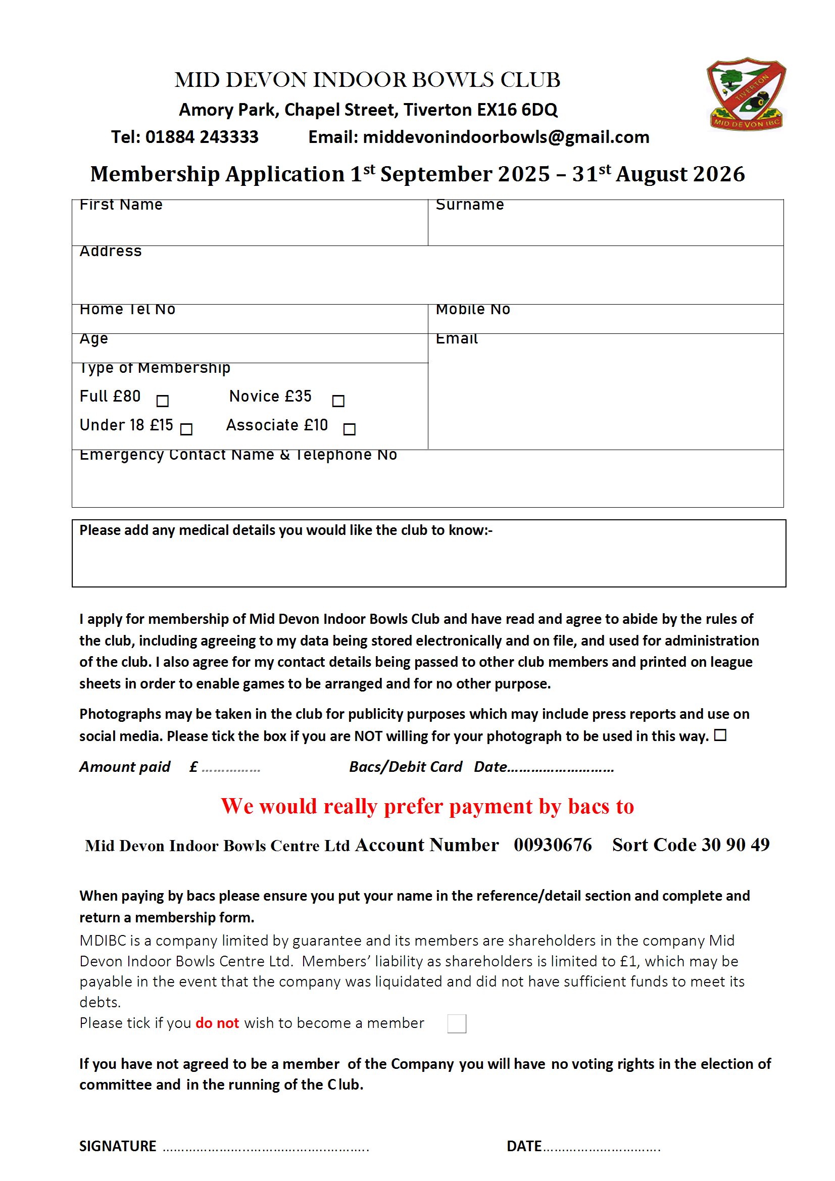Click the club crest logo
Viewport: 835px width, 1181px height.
point(746,93)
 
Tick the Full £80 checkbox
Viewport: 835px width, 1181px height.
point(163,401)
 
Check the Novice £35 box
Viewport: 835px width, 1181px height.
point(338,401)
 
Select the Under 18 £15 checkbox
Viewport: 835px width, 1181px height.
point(186,429)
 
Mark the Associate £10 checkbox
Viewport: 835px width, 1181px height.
point(350,429)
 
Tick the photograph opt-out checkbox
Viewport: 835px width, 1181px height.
point(720,735)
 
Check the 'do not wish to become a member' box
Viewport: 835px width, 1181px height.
point(456,1023)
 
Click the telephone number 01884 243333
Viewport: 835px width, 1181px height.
point(202,137)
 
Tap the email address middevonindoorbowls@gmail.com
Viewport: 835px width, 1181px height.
point(506,137)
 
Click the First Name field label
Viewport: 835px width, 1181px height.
point(121,205)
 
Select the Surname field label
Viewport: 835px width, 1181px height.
point(469,205)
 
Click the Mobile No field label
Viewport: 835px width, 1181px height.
point(473,309)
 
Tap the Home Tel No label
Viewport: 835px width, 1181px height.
point(128,309)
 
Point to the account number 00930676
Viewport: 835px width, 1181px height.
point(553,845)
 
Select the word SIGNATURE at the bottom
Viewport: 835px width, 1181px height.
point(118,1146)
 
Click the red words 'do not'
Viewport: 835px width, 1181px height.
point(217,1023)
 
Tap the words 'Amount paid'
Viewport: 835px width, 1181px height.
point(124,767)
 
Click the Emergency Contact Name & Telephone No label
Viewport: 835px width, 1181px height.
point(238,455)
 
